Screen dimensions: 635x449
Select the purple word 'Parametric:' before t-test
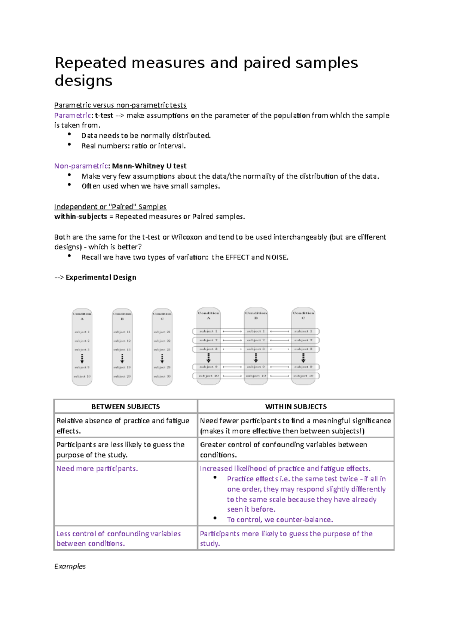pyautogui.click(x=73, y=116)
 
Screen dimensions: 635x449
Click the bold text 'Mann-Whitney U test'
pyautogui.click(x=149, y=166)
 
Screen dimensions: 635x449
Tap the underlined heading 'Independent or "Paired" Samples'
pyautogui.click(x=110, y=207)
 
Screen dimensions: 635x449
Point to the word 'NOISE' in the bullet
pyautogui.click(x=276, y=257)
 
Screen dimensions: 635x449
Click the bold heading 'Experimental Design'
pyautogui.click(x=101, y=277)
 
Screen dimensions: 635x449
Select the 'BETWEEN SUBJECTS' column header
pyautogui.click(x=125, y=407)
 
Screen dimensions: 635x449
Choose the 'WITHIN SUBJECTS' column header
pyautogui.click(x=296, y=407)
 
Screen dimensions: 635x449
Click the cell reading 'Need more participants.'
pyautogui.click(x=97, y=469)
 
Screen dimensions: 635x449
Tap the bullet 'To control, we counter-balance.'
pyautogui.click(x=280, y=519)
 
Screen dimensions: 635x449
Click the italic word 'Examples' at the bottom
pyautogui.click(x=70, y=566)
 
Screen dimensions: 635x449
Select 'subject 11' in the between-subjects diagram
pyautogui.click(x=122, y=332)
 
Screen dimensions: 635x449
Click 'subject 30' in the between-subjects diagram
pyautogui.click(x=162, y=376)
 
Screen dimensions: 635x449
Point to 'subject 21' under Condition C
pyautogui.click(x=162, y=332)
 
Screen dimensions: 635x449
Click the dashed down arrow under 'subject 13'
pyautogui.click(x=122, y=359)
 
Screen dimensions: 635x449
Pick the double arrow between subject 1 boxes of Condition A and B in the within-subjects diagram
pyautogui.click(x=232, y=331)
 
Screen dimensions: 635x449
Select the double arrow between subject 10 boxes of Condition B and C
pyautogui.click(x=280, y=376)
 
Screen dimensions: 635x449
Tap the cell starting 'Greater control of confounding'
pyautogui.click(x=283, y=450)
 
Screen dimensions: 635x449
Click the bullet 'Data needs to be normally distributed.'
pyautogui.click(x=146, y=136)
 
